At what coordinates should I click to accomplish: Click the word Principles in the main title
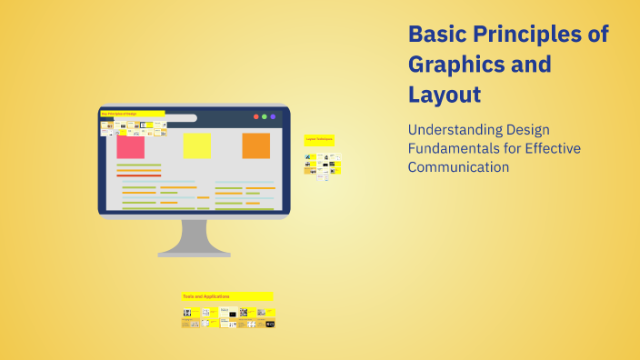coord(533,35)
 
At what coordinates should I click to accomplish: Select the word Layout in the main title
coord(445,95)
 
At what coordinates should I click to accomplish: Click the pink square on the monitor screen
coord(130,146)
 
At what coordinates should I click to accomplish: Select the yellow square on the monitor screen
coord(196,146)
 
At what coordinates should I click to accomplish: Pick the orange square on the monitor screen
coord(255,145)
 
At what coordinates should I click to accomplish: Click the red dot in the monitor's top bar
coord(255,116)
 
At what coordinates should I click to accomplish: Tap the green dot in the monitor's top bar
coord(265,116)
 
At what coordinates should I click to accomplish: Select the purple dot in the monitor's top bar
coord(274,116)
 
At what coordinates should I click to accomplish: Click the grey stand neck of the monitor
coord(194,235)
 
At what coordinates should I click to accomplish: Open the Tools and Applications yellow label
coord(226,296)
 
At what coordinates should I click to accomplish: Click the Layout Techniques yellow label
coord(319,139)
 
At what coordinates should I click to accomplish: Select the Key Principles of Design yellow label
coord(132,114)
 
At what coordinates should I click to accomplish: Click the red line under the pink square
coord(138,175)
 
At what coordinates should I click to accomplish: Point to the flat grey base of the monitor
coord(194,254)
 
